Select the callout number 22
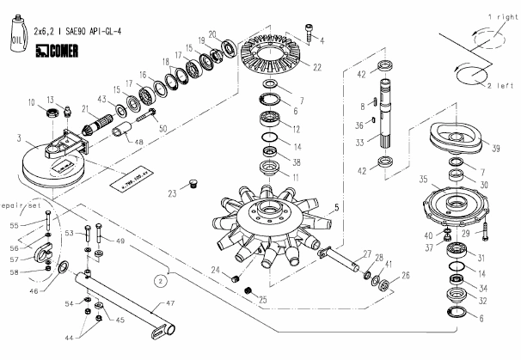pos(317,67)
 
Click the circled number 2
pos(161,280)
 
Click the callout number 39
pos(497,147)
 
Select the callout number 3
pos(17,137)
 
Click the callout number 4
pos(322,39)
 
